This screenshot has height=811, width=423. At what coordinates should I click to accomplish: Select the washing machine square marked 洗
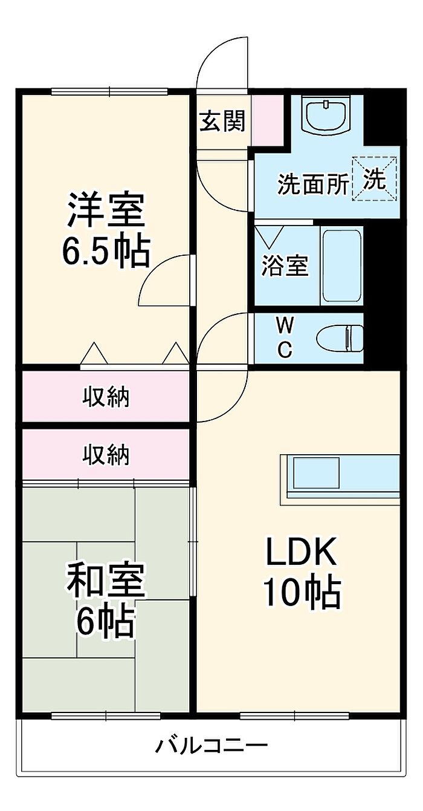click(x=375, y=178)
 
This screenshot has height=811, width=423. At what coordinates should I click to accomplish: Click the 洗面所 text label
click(x=313, y=184)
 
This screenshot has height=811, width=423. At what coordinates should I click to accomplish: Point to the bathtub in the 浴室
click(x=342, y=265)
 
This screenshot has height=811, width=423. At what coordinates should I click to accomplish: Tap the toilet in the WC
click(x=340, y=338)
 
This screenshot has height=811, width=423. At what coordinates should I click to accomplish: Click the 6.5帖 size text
click(x=106, y=252)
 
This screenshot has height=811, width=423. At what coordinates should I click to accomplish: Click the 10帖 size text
click(x=302, y=593)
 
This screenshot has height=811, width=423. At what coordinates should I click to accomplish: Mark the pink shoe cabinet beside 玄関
click(x=268, y=120)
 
